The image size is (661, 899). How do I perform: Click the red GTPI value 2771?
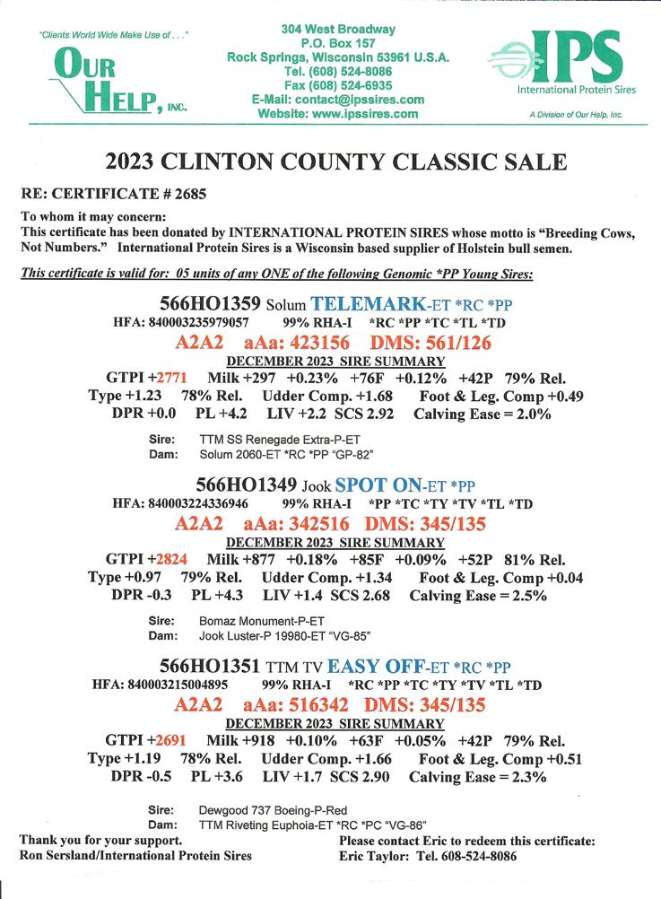tap(168, 379)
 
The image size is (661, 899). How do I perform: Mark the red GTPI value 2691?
tap(168, 741)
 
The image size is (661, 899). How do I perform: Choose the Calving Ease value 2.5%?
tap(527, 596)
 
